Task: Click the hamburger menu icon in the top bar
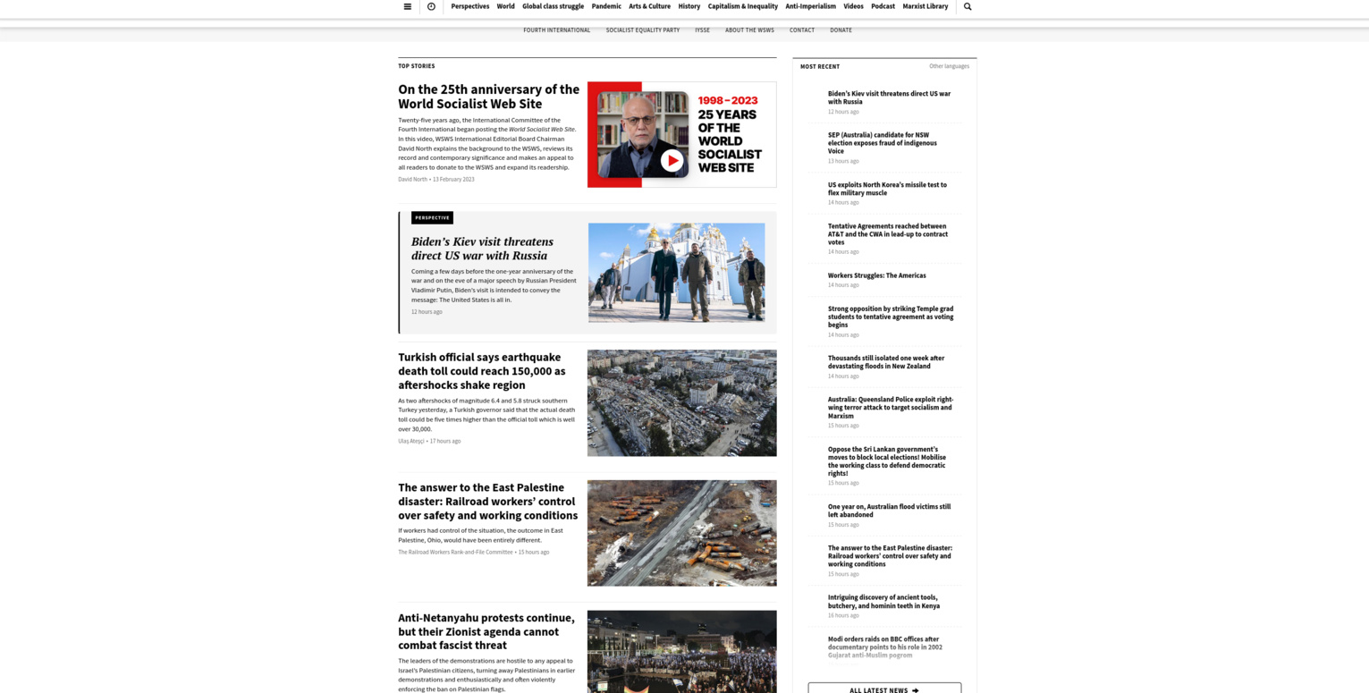pos(408,6)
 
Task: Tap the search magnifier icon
pos(968,6)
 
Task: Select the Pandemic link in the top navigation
pos(606,6)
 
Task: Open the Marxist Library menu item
pos(925,6)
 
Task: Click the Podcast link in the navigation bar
pos(883,6)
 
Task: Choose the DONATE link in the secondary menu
pos(841,30)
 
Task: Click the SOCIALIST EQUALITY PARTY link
pos(642,30)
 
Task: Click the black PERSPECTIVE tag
pos(432,218)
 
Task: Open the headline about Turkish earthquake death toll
pos(482,371)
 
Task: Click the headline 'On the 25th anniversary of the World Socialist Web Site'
pos(488,97)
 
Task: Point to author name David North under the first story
pos(412,180)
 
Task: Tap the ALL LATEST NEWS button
pos(883,689)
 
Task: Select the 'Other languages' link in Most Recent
pos(949,66)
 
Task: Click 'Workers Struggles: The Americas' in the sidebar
pos(876,275)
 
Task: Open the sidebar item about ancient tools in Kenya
pos(883,602)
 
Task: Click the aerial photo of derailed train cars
pos(681,533)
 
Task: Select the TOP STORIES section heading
pos(417,66)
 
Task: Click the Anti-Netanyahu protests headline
pos(486,631)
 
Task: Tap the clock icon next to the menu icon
pos(431,6)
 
